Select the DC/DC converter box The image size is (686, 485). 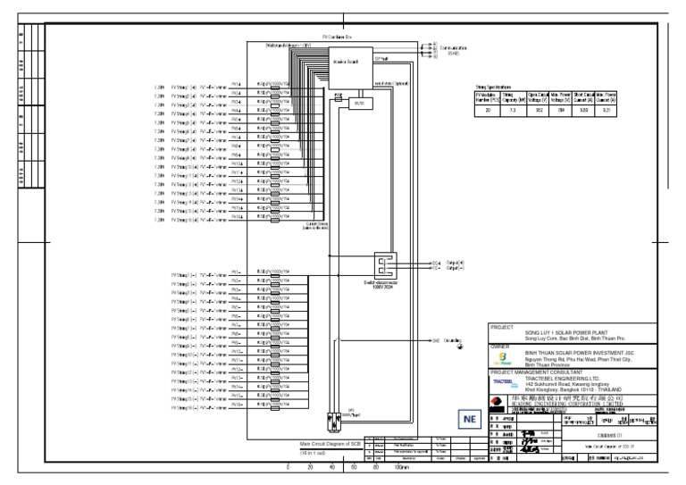[359, 104]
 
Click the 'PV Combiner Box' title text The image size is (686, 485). [339, 37]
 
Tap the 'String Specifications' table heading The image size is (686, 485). [493, 86]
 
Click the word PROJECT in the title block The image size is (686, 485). [501, 328]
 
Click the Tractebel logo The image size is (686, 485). [505, 381]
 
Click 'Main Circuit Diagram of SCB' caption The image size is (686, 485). [331, 443]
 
